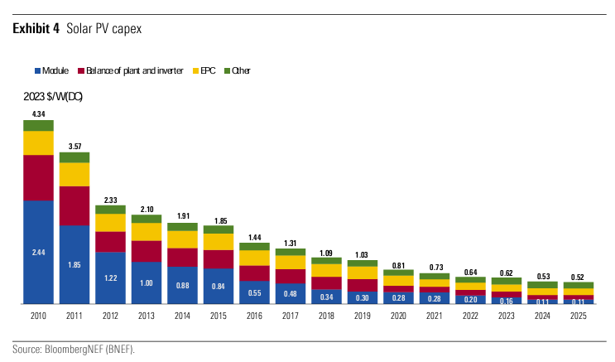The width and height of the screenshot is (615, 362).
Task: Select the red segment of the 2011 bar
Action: click(x=74, y=205)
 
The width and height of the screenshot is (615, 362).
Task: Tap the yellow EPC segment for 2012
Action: click(x=110, y=222)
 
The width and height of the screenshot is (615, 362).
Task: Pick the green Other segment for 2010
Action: click(x=38, y=125)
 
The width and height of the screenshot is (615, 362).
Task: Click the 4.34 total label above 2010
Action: click(x=38, y=113)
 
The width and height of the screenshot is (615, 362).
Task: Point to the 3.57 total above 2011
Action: click(x=74, y=146)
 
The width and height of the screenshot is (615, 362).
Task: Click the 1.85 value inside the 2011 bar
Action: click(x=74, y=264)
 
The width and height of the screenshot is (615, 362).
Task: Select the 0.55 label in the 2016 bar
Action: click(x=254, y=292)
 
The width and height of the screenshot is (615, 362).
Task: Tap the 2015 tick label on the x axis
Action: click(x=219, y=316)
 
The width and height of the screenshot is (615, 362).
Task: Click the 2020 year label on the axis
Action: click(x=398, y=316)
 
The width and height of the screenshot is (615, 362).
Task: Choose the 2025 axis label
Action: click(x=578, y=316)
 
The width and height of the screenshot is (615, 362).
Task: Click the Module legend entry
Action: click(x=52, y=70)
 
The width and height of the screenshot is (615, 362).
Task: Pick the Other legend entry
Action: click(x=238, y=70)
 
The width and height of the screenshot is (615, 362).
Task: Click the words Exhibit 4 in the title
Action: click(x=36, y=29)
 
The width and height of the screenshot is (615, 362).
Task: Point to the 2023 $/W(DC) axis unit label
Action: click(x=52, y=97)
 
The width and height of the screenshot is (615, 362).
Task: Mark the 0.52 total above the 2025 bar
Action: click(x=578, y=276)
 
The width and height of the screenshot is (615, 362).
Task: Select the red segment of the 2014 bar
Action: click(x=182, y=257)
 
